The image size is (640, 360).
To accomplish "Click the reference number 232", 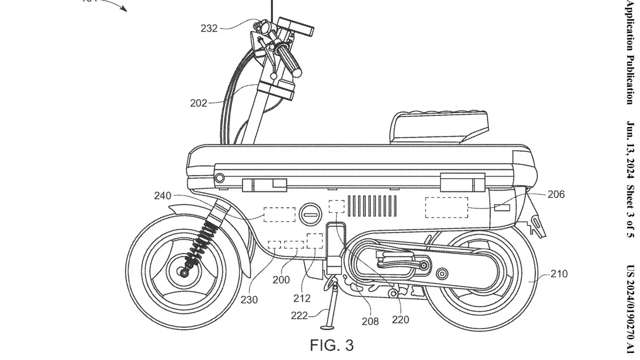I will (209, 29).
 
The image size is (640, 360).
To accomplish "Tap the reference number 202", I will (199, 103).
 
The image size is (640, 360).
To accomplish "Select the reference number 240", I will (163, 196).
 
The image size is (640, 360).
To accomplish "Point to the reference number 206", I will (556, 194).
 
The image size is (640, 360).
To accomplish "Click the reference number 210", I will (559, 274).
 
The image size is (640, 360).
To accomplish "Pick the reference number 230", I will (249, 300).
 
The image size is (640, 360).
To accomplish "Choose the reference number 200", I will (281, 280).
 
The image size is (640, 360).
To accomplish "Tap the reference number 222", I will (299, 316).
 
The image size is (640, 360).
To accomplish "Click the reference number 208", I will (370, 321).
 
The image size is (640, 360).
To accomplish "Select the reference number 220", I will (400, 320).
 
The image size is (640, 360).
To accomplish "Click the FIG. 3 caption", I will (332, 345).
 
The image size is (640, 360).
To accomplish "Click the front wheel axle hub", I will (184, 271).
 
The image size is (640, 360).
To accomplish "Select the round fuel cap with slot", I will (309, 214).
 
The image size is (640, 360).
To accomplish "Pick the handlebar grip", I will (289, 59).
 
